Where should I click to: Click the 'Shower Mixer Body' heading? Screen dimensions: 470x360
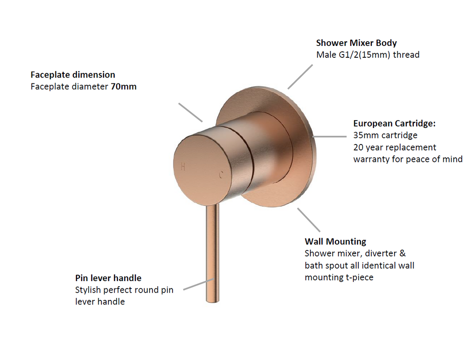click(x=356, y=43)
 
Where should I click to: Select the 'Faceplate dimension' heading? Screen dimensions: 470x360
click(x=73, y=75)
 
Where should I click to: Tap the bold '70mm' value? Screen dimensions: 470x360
click(x=123, y=87)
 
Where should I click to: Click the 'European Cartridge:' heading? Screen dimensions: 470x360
click(x=394, y=123)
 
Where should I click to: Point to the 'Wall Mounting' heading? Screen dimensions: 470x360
click(x=336, y=241)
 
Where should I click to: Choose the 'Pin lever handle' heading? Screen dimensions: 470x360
click(x=108, y=278)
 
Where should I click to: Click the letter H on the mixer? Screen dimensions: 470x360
click(x=183, y=166)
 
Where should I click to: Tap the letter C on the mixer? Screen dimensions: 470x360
click(x=221, y=175)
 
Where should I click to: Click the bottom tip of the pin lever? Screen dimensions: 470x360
click(x=213, y=301)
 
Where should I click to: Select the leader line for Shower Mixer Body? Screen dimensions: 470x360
click(x=300, y=77)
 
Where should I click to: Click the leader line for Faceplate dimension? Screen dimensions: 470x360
click(x=190, y=113)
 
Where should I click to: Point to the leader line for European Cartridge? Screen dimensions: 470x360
click(x=330, y=137)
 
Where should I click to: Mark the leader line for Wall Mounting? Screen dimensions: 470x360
click(x=309, y=220)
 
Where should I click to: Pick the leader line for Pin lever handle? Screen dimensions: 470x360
click(x=199, y=284)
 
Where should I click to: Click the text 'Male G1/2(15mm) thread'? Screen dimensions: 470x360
click(x=368, y=55)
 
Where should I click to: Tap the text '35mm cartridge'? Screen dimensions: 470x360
click(x=385, y=135)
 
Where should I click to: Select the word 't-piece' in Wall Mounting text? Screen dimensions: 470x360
click(x=359, y=277)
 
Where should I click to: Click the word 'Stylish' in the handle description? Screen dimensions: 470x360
click(x=88, y=290)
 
